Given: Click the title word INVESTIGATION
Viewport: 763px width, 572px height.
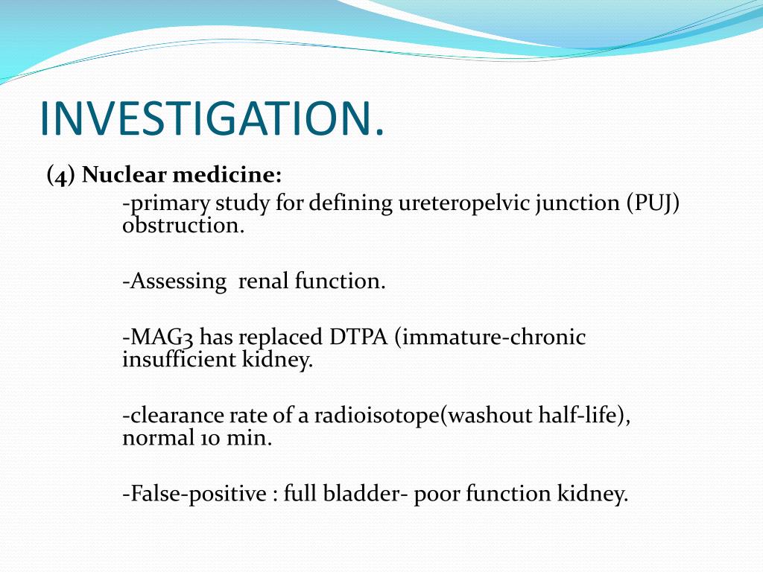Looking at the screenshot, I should coord(212,117).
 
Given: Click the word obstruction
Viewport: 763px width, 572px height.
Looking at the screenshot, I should coord(183,226).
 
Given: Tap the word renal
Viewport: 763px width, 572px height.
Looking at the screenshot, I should coord(263,282).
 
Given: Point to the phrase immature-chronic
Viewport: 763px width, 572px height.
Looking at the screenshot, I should coord(492,337).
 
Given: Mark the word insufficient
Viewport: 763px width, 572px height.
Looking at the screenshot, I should coord(176,361).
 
